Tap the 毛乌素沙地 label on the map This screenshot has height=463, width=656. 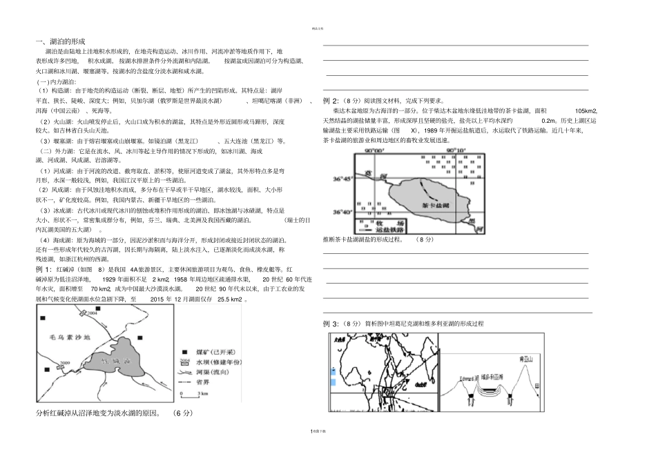pos(65,338)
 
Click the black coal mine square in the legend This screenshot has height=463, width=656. pos(184,352)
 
